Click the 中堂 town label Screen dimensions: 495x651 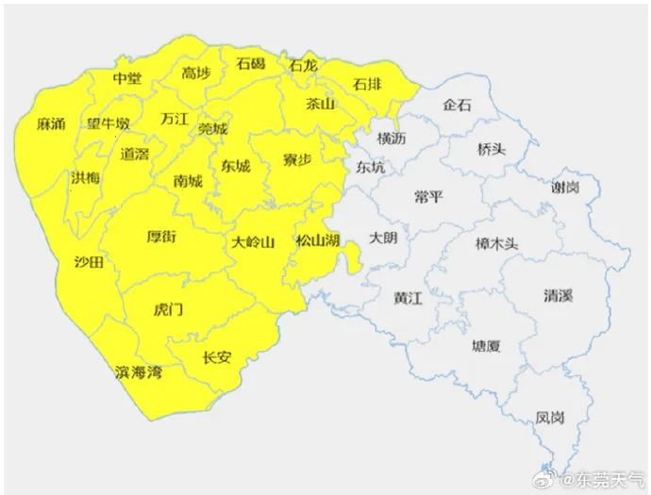(126, 79)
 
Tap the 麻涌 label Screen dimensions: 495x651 (51, 124)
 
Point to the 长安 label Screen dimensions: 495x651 (217, 357)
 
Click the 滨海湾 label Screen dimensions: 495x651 (138, 372)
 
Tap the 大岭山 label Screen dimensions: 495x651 (253, 242)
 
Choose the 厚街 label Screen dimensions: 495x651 (161, 237)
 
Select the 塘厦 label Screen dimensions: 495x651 (487, 346)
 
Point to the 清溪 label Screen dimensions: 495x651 (558, 296)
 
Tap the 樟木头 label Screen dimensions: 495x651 (497, 241)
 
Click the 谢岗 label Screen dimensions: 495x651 (565, 187)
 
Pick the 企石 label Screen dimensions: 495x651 (457, 105)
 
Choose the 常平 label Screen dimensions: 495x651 (427, 196)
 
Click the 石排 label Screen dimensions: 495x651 (368, 86)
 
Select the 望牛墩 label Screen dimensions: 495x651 (108, 124)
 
